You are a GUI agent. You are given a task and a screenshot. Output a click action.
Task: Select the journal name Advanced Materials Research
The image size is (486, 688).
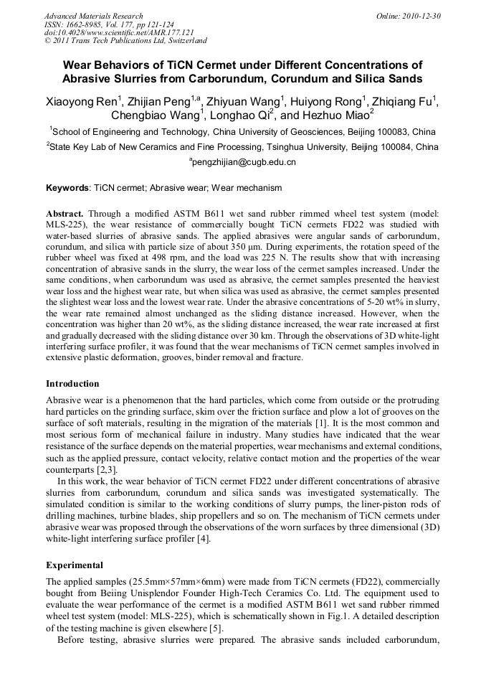click(x=93, y=16)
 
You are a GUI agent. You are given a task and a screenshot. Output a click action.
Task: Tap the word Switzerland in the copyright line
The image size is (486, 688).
click(x=183, y=41)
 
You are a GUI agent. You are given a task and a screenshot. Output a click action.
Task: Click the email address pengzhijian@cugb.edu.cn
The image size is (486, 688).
click(x=244, y=163)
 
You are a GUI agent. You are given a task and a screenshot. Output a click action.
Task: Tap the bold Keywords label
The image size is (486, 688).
click(x=67, y=188)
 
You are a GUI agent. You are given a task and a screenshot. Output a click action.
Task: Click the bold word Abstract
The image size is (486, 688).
click(x=65, y=214)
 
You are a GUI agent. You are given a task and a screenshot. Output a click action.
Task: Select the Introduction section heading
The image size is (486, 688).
click(x=72, y=383)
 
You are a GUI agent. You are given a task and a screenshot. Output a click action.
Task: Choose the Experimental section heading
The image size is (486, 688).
click(x=75, y=565)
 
